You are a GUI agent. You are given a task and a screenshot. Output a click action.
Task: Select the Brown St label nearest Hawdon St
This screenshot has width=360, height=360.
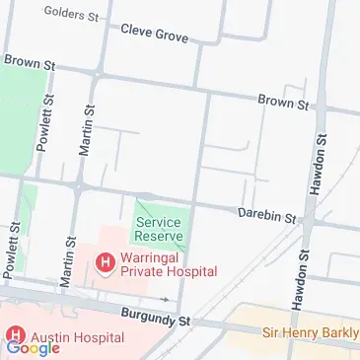[x=283, y=102]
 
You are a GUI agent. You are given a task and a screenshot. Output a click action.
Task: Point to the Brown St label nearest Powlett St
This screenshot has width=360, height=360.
[x=28, y=61]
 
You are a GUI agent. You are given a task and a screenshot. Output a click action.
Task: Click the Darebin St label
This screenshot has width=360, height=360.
[x=266, y=214]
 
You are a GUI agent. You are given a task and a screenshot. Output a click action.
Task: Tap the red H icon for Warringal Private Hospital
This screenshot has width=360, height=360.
[x=104, y=261]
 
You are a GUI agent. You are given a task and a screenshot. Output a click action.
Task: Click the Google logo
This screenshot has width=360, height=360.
[x=33, y=347]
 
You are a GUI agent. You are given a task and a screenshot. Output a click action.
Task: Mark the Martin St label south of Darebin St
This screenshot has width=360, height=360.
[x=68, y=260]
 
